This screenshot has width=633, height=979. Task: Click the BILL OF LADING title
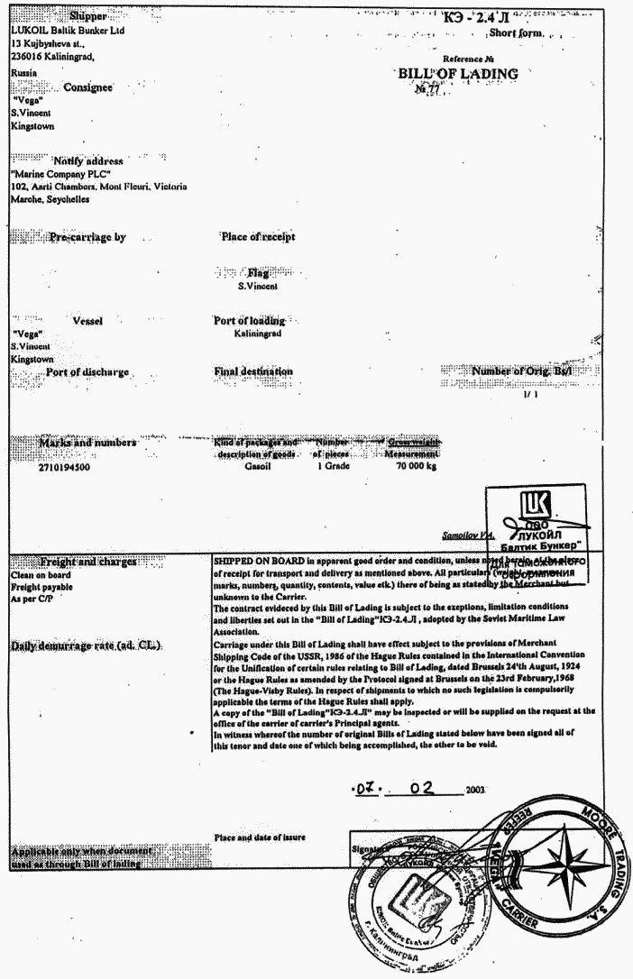(458, 73)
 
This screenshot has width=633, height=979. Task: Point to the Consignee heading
(87, 87)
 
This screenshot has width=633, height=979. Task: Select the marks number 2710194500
(65, 469)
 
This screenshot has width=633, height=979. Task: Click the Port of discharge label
(87, 371)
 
